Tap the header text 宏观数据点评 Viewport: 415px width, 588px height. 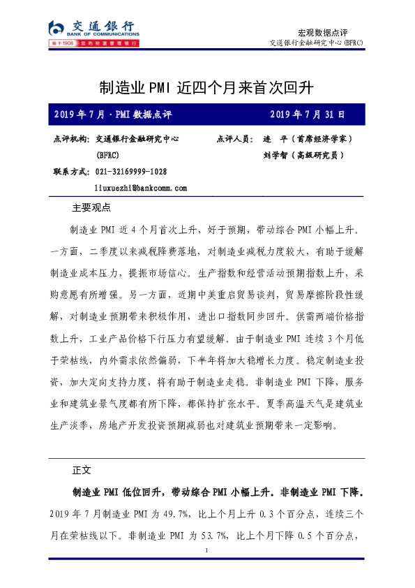coord(322,32)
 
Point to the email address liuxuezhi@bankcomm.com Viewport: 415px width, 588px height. coord(140,188)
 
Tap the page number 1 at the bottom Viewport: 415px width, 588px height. coord(208,552)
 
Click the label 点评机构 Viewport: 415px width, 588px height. coord(70,139)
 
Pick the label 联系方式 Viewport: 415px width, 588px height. coord(70,171)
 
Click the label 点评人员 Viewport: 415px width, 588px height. coord(235,139)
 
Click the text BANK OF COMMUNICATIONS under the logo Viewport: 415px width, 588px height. coord(103,33)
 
